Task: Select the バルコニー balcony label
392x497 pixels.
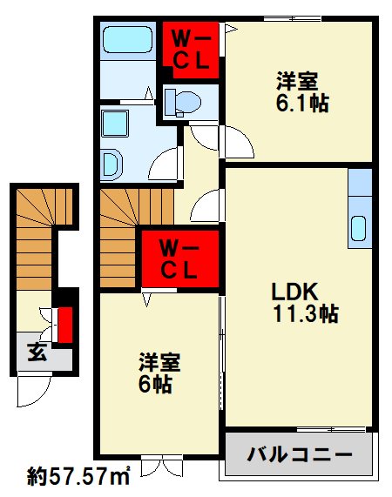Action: pos(299,454)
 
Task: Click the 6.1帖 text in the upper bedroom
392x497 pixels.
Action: pos(295,104)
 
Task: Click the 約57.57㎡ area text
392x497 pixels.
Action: pos(78,476)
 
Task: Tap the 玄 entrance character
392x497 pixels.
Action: pos(36,352)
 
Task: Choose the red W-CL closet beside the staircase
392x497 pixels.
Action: pos(180,258)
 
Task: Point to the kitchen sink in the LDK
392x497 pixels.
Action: pos(359,229)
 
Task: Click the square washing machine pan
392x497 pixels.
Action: pos(116,124)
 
